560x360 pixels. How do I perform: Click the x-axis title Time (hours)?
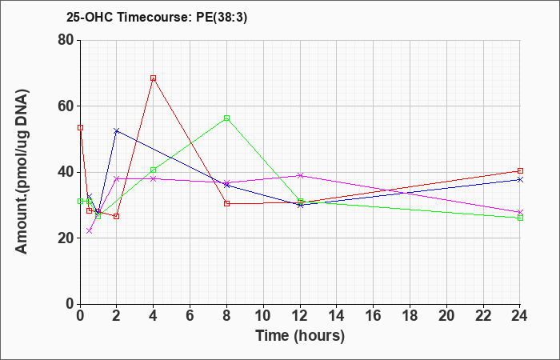pyautogui.click(x=300, y=335)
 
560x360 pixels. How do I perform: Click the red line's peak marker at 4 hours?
pyautogui.click(x=153, y=78)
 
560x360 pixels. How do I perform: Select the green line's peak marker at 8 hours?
pyautogui.click(x=226, y=118)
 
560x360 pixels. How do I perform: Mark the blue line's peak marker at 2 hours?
pyautogui.click(x=116, y=130)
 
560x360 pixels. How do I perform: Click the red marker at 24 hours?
pyautogui.click(x=520, y=170)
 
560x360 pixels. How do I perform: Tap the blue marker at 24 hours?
pyautogui.click(x=520, y=179)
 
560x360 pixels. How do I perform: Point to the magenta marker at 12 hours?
pyautogui.click(x=300, y=175)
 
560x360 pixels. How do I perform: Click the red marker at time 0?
pyautogui.click(x=80, y=127)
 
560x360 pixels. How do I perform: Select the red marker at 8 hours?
pyautogui.click(x=226, y=203)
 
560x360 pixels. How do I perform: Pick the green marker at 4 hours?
pyautogui.click(x=153, y=170)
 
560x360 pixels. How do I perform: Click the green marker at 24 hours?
pyautogui.click(x=520, y=218)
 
